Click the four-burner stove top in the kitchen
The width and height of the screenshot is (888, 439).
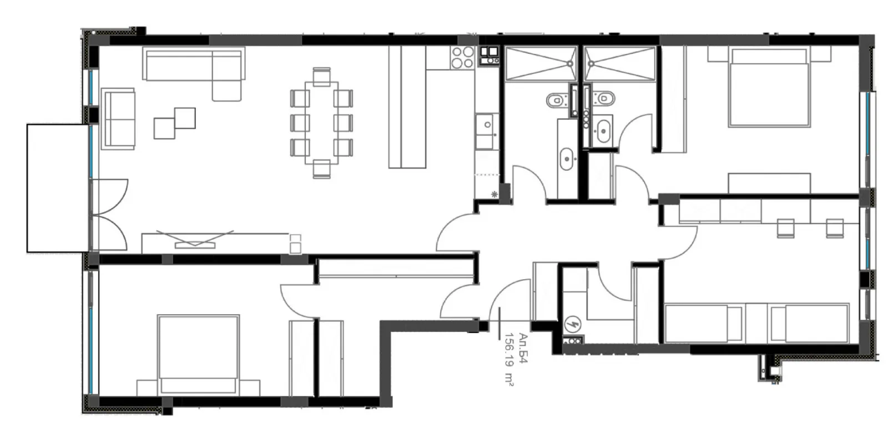tap(462, 57)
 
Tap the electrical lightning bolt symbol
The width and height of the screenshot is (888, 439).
tap(571, 324)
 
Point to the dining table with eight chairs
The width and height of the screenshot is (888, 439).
tap(321, 123)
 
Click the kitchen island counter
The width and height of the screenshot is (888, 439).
tap(407, 107)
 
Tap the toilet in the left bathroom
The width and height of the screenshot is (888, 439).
tap(555, 100)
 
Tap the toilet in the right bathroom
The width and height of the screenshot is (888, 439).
tap(603, 99)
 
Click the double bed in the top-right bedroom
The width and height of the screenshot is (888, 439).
tap(768, 87)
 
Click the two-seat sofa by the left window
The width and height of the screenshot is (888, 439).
tap(118, 118)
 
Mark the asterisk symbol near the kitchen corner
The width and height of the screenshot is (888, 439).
tap(494, 194)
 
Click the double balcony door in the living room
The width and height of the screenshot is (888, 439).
tap(109, 215)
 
